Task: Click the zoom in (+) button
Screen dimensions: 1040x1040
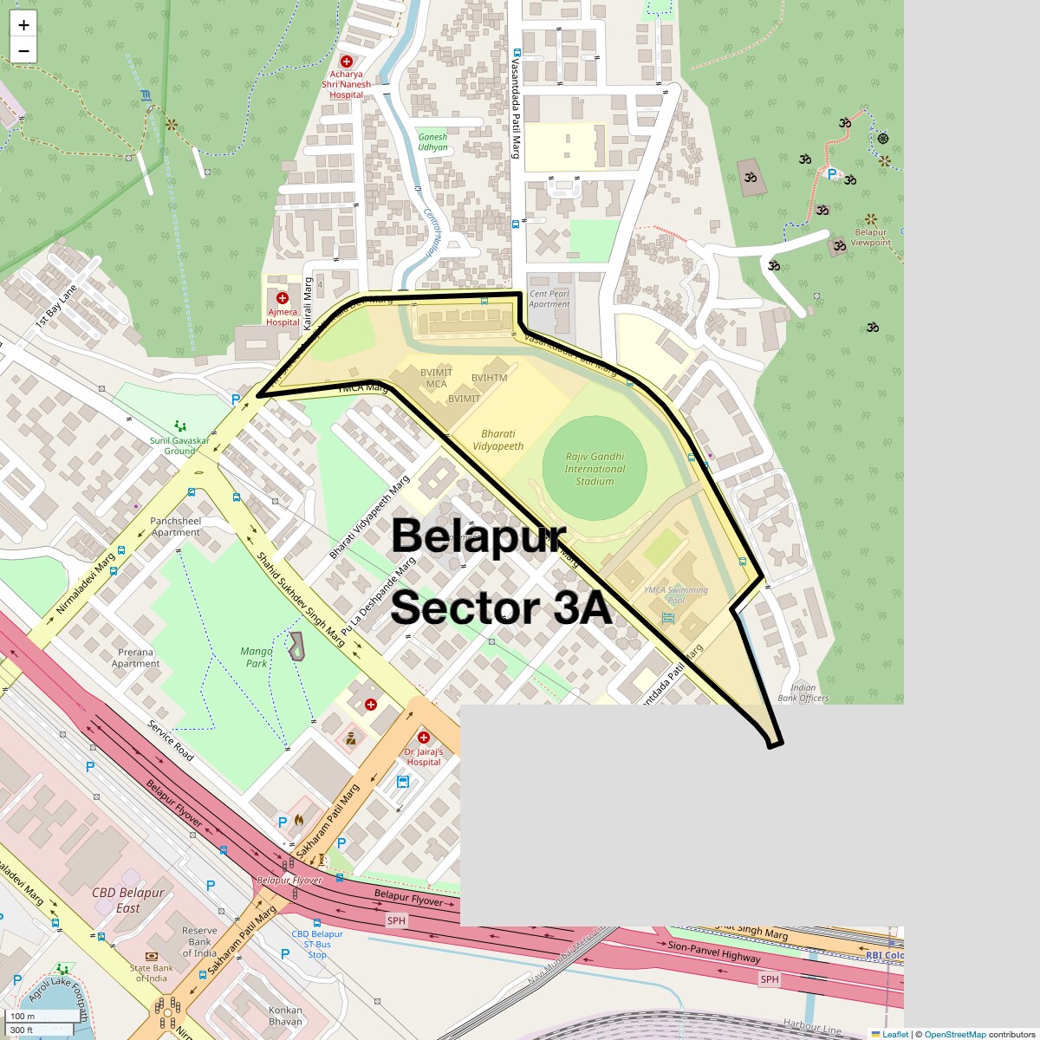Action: [x=23, y=25]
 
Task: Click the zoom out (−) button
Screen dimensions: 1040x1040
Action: [x=23, y=51]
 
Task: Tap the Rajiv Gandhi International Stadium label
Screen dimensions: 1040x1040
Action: [x=595, y=469]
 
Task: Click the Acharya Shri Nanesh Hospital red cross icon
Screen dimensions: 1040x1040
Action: [x=347, y=62]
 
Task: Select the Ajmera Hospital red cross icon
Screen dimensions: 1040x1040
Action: [x=283, y=298]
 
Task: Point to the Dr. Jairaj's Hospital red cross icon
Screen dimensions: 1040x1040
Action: [x=424, y=738]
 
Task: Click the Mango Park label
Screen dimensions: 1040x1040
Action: [x=257, y=657]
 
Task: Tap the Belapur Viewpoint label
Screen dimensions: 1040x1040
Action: [x=871, y=237]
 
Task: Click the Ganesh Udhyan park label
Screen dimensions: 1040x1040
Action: [x=432, y=142]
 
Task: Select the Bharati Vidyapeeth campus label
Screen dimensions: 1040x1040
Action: [x=498, y=439]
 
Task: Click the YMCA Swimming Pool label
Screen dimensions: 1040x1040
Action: [x=676, y=595]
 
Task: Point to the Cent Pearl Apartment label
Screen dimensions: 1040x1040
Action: [x=549, y=299]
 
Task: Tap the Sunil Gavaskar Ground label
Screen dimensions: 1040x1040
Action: [x=179, y=445]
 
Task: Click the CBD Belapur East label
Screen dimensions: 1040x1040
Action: [x=128, y=900]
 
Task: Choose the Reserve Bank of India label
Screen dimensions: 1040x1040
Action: [x=199, y=941]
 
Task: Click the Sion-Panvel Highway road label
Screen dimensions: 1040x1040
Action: [x=714, y=952]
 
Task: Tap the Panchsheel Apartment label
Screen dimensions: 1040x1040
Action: [x=176, y=527]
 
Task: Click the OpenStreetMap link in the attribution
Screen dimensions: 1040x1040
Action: [x=954, y=1034]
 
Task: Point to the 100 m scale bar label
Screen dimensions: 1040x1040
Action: [x=23, y=1016]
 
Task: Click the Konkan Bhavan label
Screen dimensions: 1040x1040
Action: [x=285, y=1015]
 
